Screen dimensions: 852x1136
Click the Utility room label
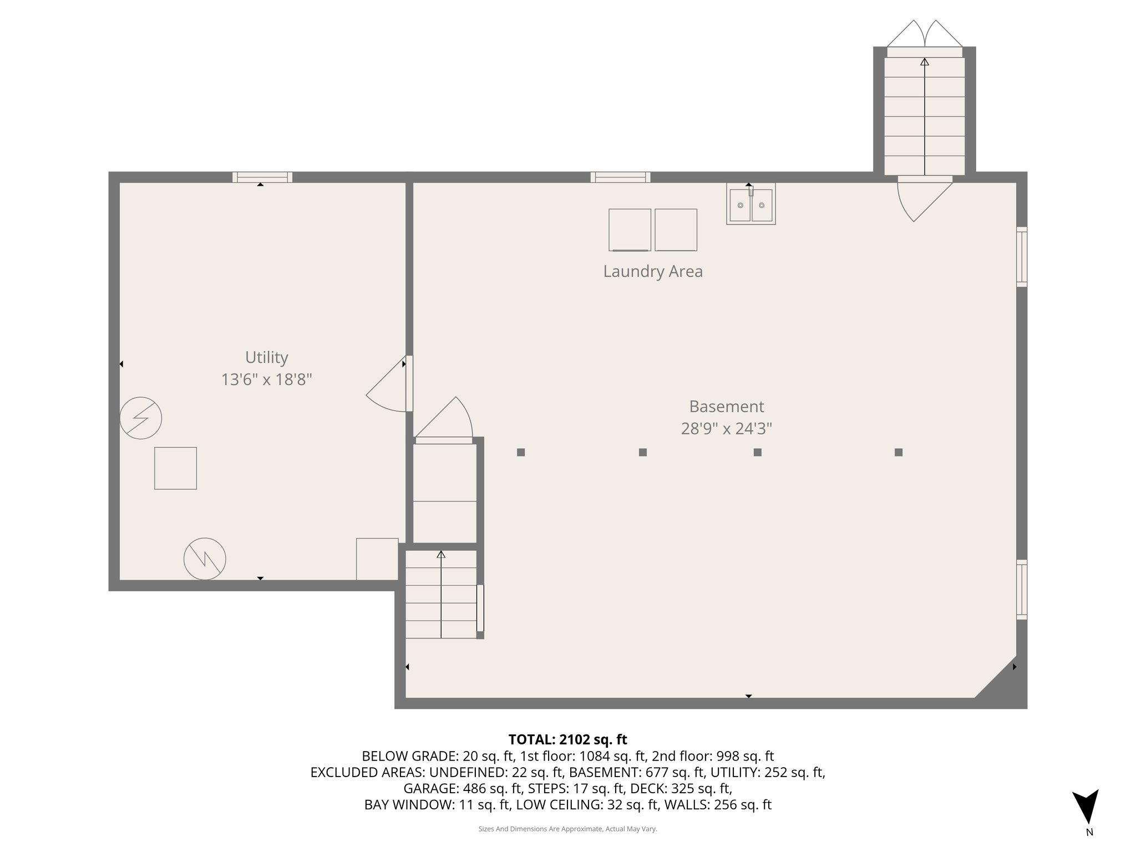[266, 357]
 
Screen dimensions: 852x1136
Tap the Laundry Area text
[653, 272]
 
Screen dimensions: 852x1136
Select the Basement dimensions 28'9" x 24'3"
[726, 429]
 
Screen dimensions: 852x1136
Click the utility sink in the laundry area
[750, 205]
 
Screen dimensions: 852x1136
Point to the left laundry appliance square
[630, 230]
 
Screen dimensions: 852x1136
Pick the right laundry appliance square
[676, 230]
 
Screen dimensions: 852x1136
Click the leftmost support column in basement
[520, 453]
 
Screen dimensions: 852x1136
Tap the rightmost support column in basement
[898, 453]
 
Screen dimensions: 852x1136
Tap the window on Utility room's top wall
[262, 177]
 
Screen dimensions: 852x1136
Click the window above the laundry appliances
[620, 177]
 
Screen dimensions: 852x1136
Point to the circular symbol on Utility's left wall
[141, 418]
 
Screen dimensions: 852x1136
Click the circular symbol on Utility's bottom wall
[205, 559]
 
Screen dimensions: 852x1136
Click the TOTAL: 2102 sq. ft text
[567, 739]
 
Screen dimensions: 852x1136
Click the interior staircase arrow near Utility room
[441, 594]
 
